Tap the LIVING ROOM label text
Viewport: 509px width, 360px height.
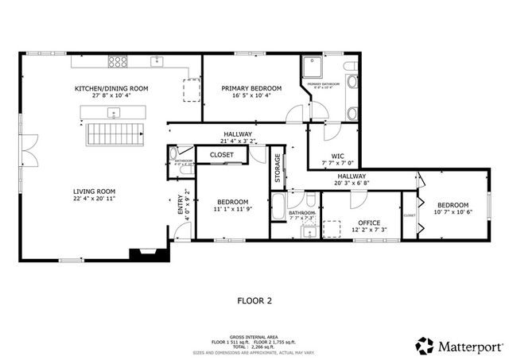pyautogui.click(x=95, y=191)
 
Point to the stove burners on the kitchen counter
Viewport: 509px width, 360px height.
pyautogui.click(x=118, y=61)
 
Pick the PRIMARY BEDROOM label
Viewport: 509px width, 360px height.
pyautogui.click(x=245, y=88)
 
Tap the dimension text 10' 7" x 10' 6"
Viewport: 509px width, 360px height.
pyautogui.click(x=452, y=212)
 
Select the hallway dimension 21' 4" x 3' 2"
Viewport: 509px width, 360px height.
pyautogui.click(x=237, y=141)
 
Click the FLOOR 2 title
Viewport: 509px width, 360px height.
pyautogui.click(x=254, y=301)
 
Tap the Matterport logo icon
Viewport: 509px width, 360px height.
pyautogui.click(x=425, y=345)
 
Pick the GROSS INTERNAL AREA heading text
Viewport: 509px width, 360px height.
pyautogui.click(x=254, y=336)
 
